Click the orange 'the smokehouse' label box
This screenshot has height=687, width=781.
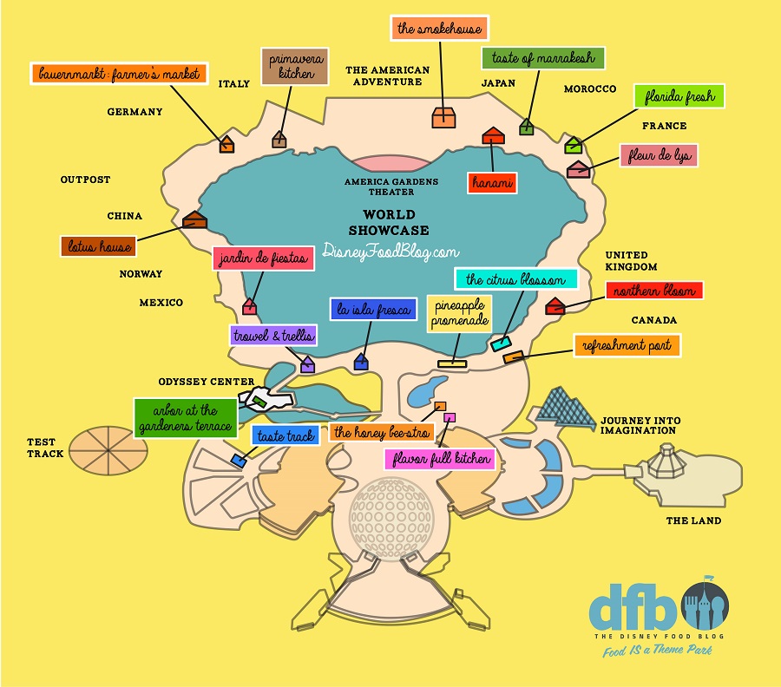tap(439, 28)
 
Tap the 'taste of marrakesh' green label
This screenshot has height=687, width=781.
tap(543, 59)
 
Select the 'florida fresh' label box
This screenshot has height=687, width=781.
tap(679, 96)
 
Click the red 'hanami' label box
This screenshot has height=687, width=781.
tap(493, 183)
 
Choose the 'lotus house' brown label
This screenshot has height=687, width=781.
tap(100, 246)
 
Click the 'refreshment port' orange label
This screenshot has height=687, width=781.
tap(627, 345)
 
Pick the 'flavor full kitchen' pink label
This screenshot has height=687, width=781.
tap(439, 457)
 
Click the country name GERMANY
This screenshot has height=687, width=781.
tap(135, 112)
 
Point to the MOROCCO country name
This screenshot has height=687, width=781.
tap(590, 89)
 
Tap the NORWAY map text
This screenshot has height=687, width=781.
tap(141, 274)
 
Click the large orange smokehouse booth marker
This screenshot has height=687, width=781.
tap(443, 117)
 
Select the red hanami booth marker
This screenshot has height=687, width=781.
tap(493, 135)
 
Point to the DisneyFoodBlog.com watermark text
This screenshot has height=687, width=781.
tap(390, 252)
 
